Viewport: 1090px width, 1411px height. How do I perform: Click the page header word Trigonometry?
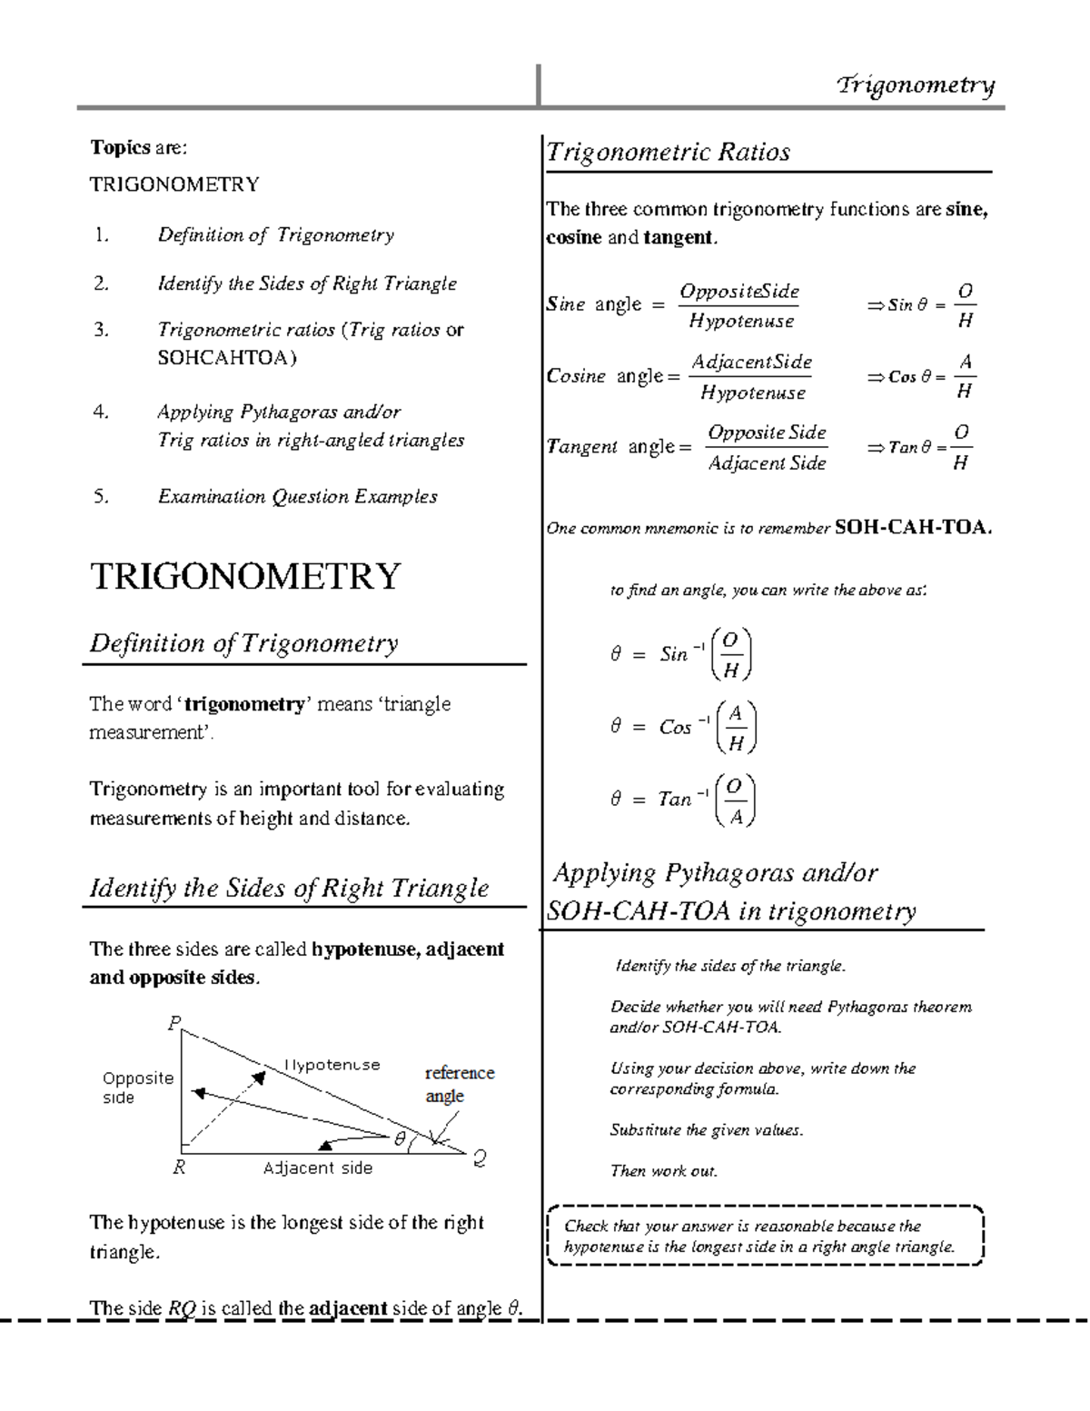[x=916, y=85]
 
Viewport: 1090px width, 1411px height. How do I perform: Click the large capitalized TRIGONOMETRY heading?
[x=245, y=577]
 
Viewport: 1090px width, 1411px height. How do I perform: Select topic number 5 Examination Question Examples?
[x=297, y=497]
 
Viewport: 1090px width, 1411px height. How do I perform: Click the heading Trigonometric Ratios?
[x=668, y=152]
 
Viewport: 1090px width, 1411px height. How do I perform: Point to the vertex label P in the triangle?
[x=174, y=1024]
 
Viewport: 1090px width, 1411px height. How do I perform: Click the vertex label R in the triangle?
[x=179, y=1168]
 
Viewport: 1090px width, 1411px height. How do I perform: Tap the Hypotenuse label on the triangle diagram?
[x=332, y=1065]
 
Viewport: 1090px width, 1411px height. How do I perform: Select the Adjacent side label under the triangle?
[x=318, y=1168]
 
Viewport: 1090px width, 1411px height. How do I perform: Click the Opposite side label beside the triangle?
[x=136, y=1087]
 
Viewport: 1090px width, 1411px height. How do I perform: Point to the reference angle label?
[x=459, y=1084]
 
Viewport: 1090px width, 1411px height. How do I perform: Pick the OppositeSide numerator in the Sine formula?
[x=739, y=292]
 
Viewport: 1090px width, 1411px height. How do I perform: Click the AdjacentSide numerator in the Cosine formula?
[x=751, y=363]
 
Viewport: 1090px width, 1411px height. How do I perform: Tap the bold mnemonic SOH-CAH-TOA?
[x=912, y=527]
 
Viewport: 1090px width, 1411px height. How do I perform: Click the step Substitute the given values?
[x=706, y=1130]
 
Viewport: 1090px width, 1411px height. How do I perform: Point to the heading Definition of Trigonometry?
[x=243, y=643]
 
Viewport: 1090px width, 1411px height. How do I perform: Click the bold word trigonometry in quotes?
[x=244, y=704]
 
